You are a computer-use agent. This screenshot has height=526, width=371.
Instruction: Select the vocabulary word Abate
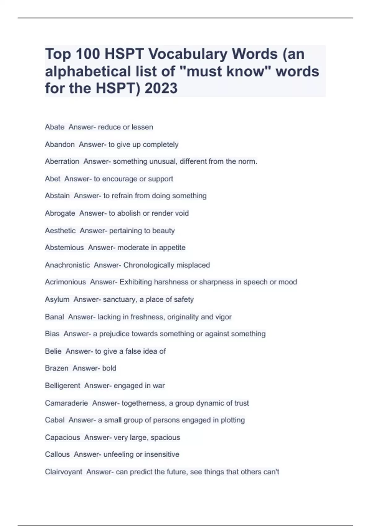pyautogui.click(x=55, y=127)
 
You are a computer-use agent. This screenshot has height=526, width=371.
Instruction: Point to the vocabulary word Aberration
pyautogui.click(x=62, y=162)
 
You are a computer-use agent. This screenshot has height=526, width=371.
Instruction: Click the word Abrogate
pyautogui.click(x=60, y=213)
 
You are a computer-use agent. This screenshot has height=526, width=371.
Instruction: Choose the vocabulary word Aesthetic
pyautogui.click(x=60, y=231)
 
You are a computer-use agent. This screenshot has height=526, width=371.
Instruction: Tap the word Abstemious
pyautogui.click(x=64, y=248)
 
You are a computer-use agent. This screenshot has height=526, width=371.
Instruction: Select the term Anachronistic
pyautogui.click(x=67, y=265)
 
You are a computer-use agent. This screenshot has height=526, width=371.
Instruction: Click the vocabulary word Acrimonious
pyautogui.click(x=65, y=282)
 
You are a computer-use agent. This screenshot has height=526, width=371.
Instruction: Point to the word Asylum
pyautogui.click(x=57, y=300)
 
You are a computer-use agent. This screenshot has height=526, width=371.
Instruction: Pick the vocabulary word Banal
pyautogui.click(x=54, y=317)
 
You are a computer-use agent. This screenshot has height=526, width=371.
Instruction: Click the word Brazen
pyautogui.click(x=57, y=368)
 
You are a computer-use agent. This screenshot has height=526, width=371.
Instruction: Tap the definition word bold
pyautogui.click(x=109, y=368)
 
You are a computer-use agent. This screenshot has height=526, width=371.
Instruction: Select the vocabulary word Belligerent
pyautogui.click(x=62, y=386)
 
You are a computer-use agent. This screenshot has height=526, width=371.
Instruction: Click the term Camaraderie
pyautogui.click(x=66, y=403)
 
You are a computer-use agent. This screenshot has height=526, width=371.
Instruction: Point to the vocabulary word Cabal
pyautogui.click(x=55, y=420)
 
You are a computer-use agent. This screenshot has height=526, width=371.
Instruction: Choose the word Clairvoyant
pyautogui.click(x=63, y=472)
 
